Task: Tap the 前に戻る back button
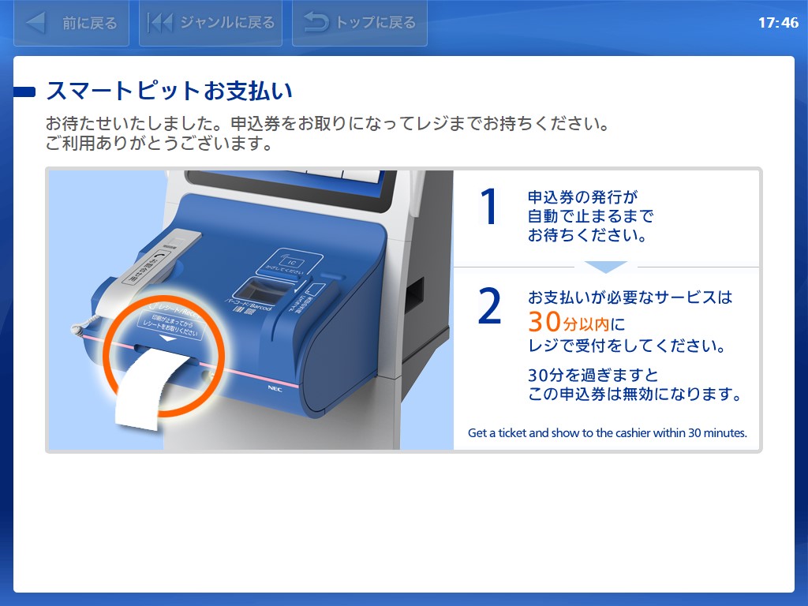(71, 23)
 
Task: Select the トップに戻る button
(359, 23)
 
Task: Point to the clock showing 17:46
(778, 23)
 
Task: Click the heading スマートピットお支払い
(169, 91)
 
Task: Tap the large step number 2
(490, 308)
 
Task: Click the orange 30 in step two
(545, 322)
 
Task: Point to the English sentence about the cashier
(607, 432)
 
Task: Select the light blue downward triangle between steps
(605, 267)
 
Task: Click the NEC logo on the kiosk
(275, 387)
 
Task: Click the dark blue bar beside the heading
(25, 92)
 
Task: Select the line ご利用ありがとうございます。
(159, 144)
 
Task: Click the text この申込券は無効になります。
(635, 395)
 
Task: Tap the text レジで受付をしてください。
(626, 346)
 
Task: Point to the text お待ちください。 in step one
(587, 235)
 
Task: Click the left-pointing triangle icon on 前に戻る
(36, 23)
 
